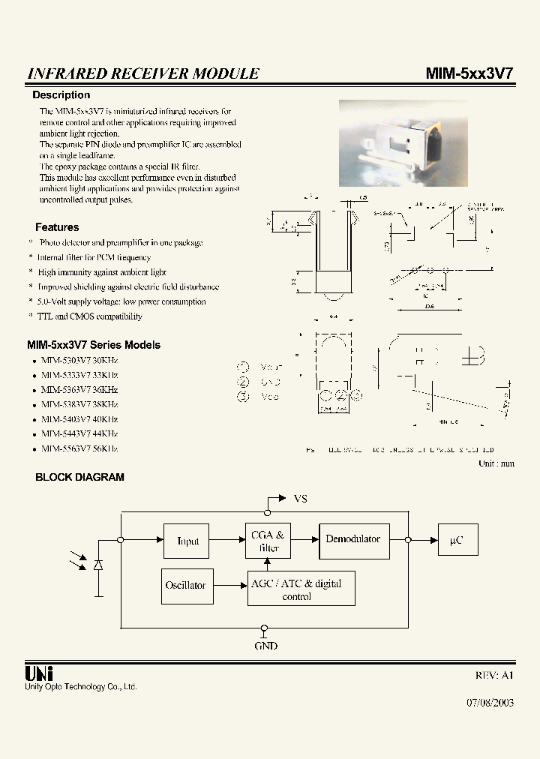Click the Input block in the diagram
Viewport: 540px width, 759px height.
pyautogui.click(x=187, y=541)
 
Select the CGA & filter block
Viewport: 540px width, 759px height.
pyautogui.click(x=268, y=541)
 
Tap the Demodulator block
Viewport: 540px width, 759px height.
pyautogui.click(x=353, y=539)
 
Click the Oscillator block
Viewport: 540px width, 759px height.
pyautogui.click(x=185, y=585)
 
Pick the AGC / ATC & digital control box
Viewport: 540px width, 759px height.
pyautogui.click(x=301, y=589)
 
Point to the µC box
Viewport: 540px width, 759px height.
pyautogui.click(x=457, y=540)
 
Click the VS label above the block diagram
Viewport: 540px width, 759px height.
pyautogui.click(x=300, y=499)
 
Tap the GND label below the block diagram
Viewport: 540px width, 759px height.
pyautogui.click(x=265, y=646)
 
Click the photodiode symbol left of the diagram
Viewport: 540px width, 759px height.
pyautogui.click(x=97, y=564)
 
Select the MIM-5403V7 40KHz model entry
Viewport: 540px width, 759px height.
pyautogui.click(x=79, y=419)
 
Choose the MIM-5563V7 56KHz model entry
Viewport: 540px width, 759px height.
pyautogui.click(x=79, y=448)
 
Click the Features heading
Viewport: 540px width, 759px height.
pyautogui.click(x=57, y=227)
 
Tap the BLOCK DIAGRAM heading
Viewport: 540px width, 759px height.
pyautogui.click(x=80, y=477)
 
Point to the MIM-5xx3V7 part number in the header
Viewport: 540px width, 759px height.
pyautogui.click(x=469, y=73)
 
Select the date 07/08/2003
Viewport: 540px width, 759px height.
pyautogui.click(x=490, y=704)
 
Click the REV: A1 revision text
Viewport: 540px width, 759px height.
pyautogui.click(x=494, y=675)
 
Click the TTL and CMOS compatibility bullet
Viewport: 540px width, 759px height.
pyautogui.click(x=89, y=316)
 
